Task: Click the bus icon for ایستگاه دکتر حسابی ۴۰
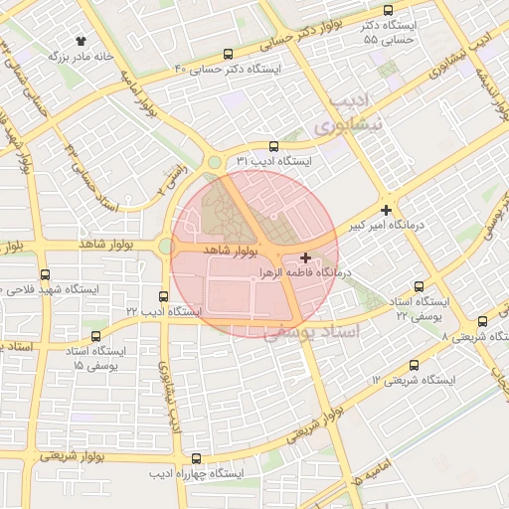pos(230,55)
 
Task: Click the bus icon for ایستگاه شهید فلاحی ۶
pos(45,274)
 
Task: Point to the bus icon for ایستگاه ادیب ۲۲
pos(164,296)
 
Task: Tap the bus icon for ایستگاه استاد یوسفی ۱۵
pos(95,337)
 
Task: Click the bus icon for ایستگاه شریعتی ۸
pos(483,321)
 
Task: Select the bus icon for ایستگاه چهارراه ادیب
pos(196,459)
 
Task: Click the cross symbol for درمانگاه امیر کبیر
pos(386,210)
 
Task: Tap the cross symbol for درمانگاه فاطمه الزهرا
pos(305,257)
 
